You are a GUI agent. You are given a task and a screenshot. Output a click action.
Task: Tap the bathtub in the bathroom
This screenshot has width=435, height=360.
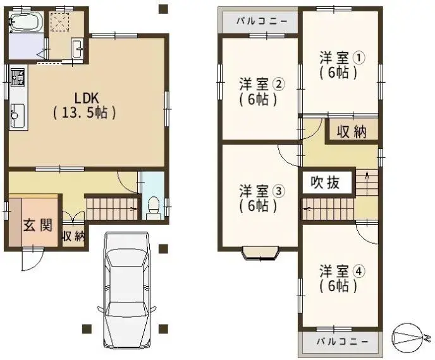click(26, 21)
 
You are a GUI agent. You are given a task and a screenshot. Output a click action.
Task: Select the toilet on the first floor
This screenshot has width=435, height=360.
click(153, 207)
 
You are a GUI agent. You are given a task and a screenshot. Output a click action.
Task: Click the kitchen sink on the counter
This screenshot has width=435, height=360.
click(18, 115)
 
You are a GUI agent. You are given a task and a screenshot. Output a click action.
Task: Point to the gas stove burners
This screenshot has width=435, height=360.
click(18, 77)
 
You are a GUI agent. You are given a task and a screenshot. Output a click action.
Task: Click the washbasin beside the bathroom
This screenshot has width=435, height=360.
click(77, 49)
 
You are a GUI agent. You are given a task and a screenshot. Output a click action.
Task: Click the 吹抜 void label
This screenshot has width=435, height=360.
click(325, 183)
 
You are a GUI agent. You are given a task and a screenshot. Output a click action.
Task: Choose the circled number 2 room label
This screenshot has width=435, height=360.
click(278, 84)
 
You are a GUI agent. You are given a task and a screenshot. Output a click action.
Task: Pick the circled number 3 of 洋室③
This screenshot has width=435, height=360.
click(278, 191)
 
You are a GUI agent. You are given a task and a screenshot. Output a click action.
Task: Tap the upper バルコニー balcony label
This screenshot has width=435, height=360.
click(262, 21)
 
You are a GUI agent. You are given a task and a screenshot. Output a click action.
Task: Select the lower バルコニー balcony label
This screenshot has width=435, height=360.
click(342, 341)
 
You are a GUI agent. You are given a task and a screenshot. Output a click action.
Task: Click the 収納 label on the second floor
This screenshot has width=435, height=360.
click(352, 131)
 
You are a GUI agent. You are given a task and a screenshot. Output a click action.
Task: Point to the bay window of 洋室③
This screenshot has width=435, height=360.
click(260, 253)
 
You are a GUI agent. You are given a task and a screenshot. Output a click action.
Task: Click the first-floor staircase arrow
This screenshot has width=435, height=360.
click(133, 208)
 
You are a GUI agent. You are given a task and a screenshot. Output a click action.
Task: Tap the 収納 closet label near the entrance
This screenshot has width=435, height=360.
click(73, 236)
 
